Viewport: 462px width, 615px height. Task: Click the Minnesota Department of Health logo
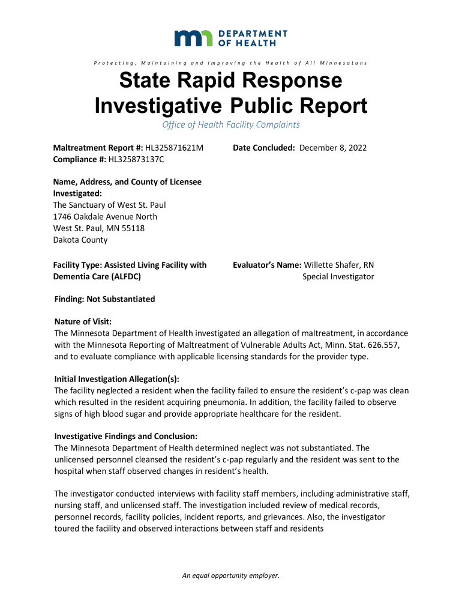point(230,38)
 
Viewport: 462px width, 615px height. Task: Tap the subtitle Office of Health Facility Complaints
point(231,125)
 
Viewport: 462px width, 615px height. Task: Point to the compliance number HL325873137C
point(136,159)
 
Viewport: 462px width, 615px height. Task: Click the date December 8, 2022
point(333,148)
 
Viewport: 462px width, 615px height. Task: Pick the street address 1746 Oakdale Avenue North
point(105,217)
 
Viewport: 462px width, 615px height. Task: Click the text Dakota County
point(80,240)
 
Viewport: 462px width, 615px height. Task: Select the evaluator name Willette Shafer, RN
point(339,265)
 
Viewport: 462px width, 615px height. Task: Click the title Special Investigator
point(338,276)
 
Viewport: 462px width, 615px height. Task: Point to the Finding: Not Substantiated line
point(104,299)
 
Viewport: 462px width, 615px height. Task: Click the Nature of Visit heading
point(83,322)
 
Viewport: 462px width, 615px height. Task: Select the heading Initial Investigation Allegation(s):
point(117,379)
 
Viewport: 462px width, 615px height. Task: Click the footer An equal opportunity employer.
point(231,575)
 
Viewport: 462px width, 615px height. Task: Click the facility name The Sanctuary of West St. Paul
point(110,205)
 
